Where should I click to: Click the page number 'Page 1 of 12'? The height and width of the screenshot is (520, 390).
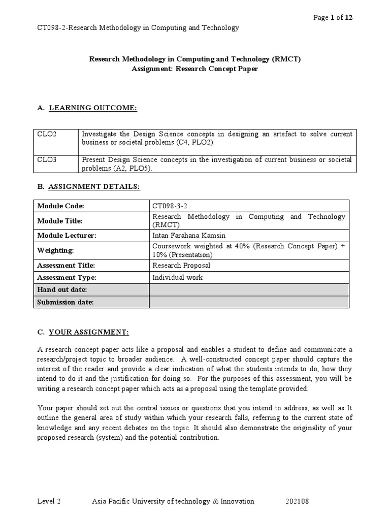pos(333,17)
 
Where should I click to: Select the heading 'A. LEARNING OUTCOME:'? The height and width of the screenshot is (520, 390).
pos(87,108)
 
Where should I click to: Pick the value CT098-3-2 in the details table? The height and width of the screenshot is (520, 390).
pos(173,206)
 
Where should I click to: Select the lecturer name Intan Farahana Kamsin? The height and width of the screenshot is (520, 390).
pos(188,236)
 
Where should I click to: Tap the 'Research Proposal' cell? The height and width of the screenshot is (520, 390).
pos(181,265)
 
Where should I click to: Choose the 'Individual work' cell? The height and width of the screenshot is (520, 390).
pos(177,277)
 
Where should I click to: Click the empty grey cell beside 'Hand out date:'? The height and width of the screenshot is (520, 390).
pos(249,289)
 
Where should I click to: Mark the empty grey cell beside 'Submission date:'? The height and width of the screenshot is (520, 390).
pos(249,302)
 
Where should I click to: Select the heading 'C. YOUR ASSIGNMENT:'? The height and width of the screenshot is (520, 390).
pos(83,332)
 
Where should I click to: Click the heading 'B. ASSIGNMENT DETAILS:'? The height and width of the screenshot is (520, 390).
pos(88,187)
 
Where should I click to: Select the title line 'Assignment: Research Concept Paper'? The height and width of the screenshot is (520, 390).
pos(194,69)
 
